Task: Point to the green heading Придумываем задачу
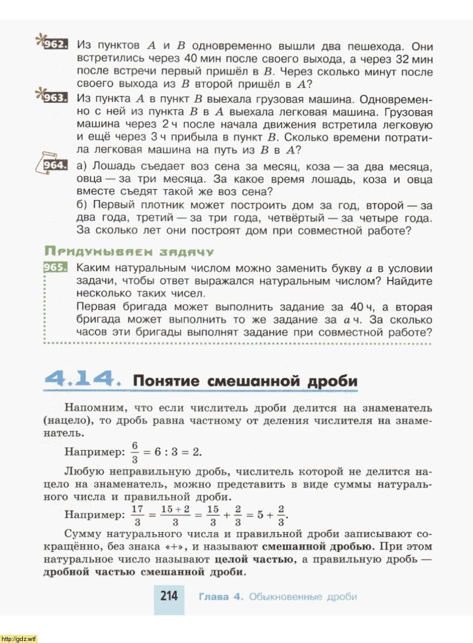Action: point(129,252)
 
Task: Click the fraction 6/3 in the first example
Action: point(134,452)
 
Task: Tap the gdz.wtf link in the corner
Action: point(19,638)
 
